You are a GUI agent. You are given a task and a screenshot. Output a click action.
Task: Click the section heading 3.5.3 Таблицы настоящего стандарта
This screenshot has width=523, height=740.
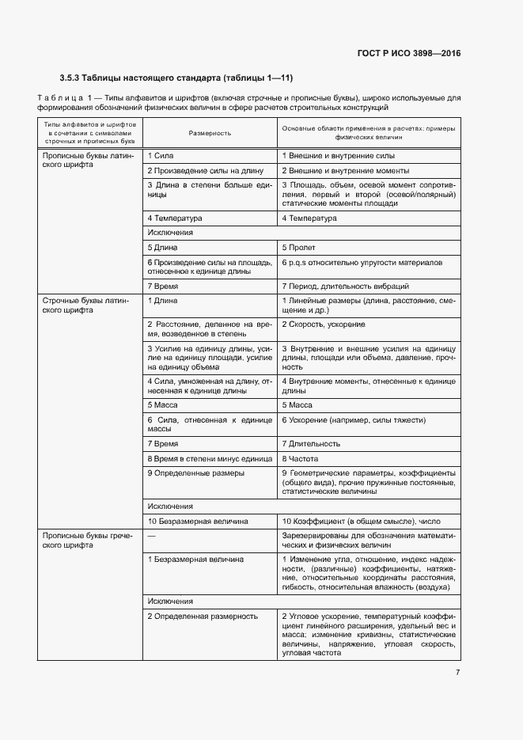176,78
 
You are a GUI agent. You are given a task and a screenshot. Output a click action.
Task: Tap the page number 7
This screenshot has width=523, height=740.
457,673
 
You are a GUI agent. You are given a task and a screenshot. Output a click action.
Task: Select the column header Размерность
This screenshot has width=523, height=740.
210,133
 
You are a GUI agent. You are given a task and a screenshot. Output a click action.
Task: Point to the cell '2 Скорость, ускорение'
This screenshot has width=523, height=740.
323,324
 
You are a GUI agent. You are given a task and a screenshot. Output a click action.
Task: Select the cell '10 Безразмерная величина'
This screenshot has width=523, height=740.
198,522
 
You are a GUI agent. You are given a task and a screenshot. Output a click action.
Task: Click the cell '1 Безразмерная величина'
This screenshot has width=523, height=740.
195,560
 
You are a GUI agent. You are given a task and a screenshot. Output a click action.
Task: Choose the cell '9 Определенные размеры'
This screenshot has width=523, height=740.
195,473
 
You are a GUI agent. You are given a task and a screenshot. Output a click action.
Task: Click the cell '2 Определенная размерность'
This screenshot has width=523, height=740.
203,616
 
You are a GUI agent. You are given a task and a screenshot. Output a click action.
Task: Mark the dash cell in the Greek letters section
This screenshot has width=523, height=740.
151,536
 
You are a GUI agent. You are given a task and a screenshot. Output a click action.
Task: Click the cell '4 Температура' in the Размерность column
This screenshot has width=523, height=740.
175,218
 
